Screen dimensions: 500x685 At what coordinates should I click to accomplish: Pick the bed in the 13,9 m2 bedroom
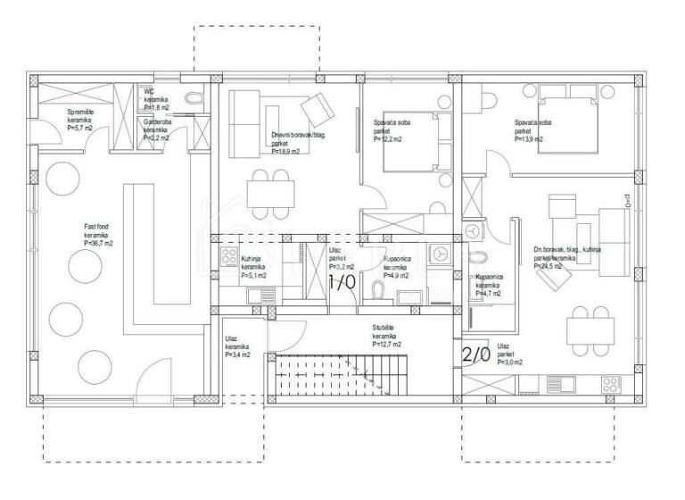[570, 124]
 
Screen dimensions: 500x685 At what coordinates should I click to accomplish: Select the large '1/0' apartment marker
[342, 282]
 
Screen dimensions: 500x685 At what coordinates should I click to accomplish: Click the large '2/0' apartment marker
[475, 354]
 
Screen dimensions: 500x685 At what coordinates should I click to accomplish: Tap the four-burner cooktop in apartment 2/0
[611, 386]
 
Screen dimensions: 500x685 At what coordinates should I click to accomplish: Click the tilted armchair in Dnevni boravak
[317, 112]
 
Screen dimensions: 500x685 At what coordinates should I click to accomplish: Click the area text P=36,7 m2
[98, 243]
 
